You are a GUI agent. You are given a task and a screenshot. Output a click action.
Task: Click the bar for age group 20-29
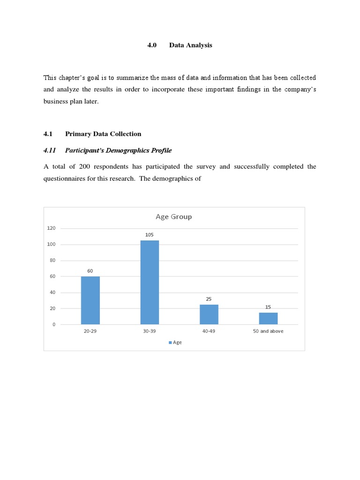pos(90,300)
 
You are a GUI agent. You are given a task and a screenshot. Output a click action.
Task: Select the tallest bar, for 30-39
pos(150,282)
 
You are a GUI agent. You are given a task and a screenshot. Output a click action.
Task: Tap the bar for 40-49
pos(209,314)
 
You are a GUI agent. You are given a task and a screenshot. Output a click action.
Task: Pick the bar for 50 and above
pos(268,318)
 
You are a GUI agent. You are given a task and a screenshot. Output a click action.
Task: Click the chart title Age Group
pos(173,217)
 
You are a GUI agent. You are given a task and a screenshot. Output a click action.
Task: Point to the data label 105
pos(150,234)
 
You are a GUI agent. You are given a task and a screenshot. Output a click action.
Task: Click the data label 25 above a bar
pos(209,299)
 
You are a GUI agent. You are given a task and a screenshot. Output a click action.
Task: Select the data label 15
pos(268,307)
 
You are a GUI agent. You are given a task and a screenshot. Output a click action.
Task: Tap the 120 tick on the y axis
pos(51,228)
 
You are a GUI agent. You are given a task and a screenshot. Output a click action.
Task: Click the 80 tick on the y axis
pos(52,260)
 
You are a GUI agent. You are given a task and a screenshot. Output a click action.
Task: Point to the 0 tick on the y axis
pos(54,324)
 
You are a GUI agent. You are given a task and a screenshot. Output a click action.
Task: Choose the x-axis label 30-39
pos(150,331)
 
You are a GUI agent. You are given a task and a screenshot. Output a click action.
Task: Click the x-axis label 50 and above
pos(268,331)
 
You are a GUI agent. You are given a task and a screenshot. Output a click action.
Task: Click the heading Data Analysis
pos(191,45)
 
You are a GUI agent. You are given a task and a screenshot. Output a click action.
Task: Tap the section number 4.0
pos(151,45)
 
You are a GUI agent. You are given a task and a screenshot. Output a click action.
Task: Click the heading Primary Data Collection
pos(103,134)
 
